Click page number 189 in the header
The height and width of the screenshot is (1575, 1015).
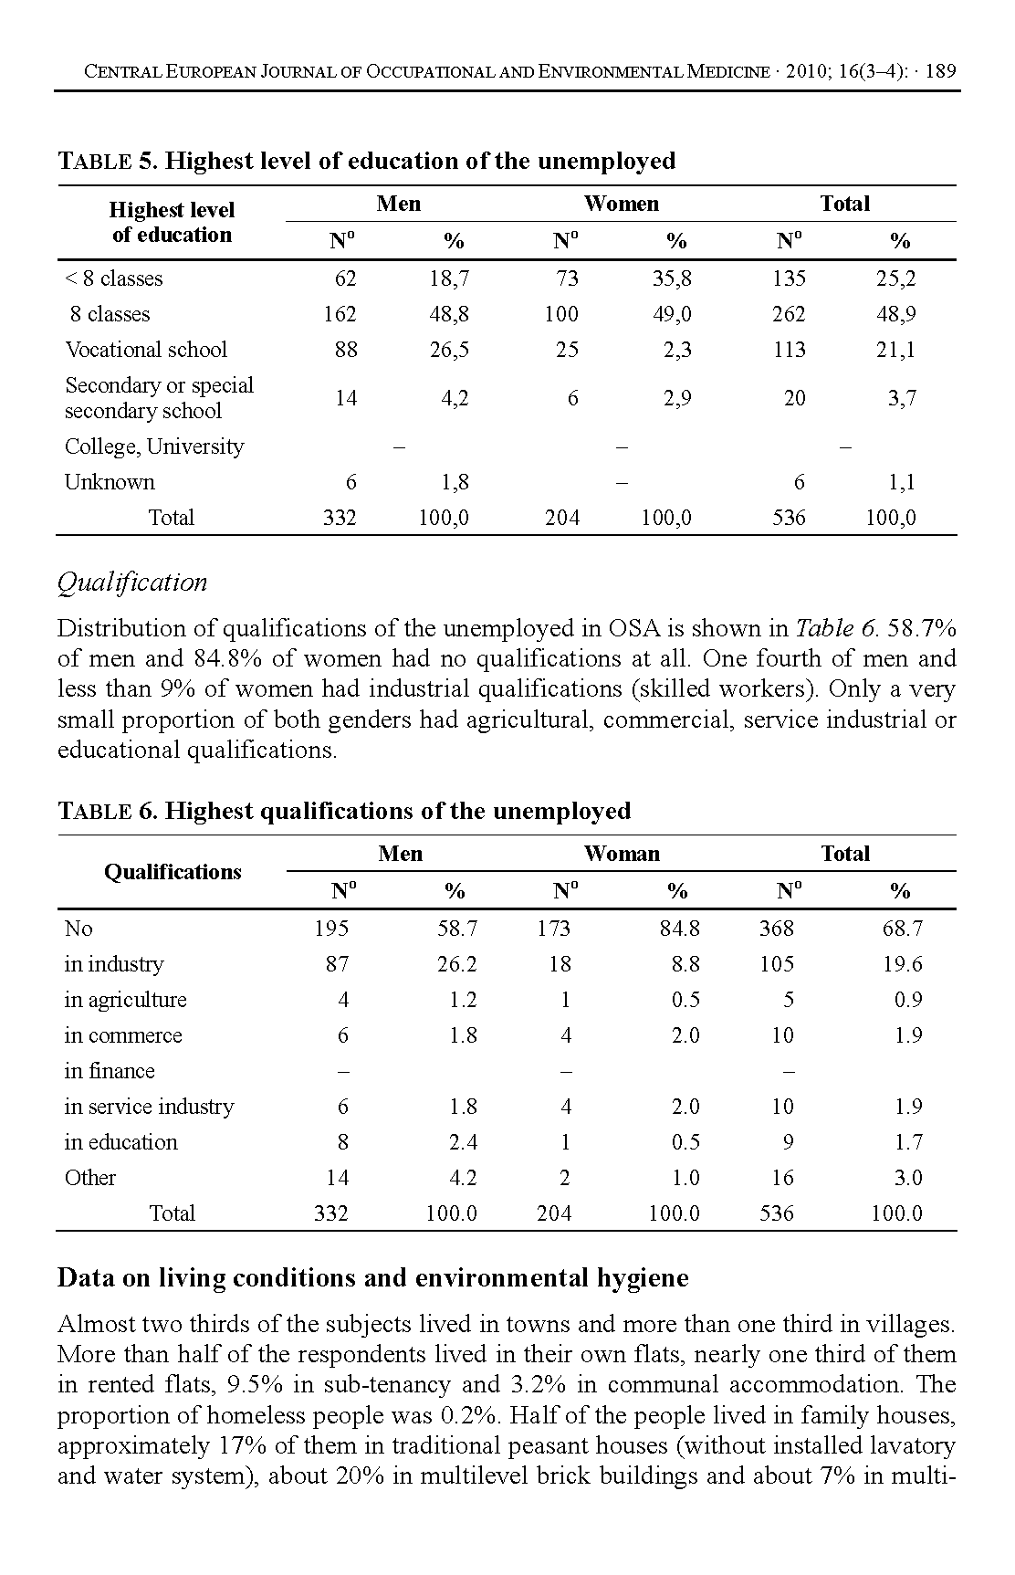tap(940, 71)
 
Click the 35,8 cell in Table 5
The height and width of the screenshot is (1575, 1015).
tap(671, 278)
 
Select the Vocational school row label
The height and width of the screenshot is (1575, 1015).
tap(145, 350)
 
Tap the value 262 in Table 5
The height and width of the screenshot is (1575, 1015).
tap(788, 314)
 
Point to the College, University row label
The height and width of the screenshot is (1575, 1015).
tap(154, 446)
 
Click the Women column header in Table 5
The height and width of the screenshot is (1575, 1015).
tap(621, 204)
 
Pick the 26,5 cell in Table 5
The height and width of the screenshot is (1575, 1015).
tap(449, 350)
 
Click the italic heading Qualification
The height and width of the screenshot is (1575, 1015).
tap(132, 583)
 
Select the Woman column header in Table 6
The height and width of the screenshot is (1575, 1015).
tap(621, 854)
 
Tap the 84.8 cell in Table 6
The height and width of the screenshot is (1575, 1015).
tap(680, 929)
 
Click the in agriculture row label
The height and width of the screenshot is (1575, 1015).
tap(125, 1000)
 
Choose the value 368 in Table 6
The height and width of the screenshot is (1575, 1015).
tap(776, 929)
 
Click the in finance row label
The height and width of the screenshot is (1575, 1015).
tap(110, 1071)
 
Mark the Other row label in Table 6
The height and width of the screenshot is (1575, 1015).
tap(90, 1178)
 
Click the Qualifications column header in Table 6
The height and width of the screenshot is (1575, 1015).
tap(173, 872)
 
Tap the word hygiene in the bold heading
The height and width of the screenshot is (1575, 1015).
tap(642, 1277)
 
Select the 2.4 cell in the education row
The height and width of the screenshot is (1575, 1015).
tap(463, 1142)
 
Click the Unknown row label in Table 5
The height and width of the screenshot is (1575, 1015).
tap(110, 482)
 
